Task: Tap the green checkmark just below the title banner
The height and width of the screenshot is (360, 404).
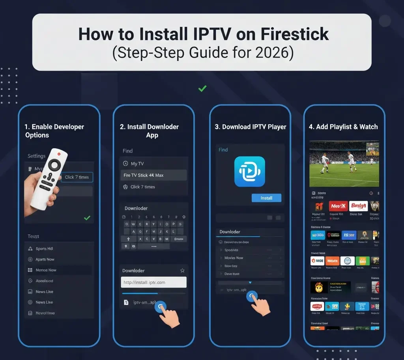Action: coord(202,89)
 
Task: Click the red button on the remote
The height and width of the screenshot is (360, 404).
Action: coord(59,154)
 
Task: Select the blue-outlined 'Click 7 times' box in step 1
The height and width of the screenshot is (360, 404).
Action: coord(77,177)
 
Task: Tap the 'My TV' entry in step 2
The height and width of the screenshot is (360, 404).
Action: coord(137,164)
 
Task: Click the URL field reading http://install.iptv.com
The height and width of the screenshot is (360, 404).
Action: coord(153,282)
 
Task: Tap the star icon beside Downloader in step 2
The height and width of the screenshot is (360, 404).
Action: coord(182,270)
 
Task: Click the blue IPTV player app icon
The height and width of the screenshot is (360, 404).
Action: coord(249,172)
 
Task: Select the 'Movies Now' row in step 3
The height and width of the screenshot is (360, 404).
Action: coord(234,258)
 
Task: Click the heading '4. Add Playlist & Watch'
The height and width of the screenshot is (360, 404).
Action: coord(343,127)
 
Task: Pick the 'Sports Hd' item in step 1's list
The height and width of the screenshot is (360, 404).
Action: coord(44,249)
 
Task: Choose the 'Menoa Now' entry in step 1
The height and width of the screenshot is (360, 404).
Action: coord(46,270)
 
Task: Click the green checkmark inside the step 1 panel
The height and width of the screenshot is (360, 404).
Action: coord(87,218)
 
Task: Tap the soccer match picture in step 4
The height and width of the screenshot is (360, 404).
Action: coord(344,164)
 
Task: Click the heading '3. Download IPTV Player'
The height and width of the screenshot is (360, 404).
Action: coord(250,127)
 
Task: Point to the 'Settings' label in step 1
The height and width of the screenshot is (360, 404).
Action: coord(36,156)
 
